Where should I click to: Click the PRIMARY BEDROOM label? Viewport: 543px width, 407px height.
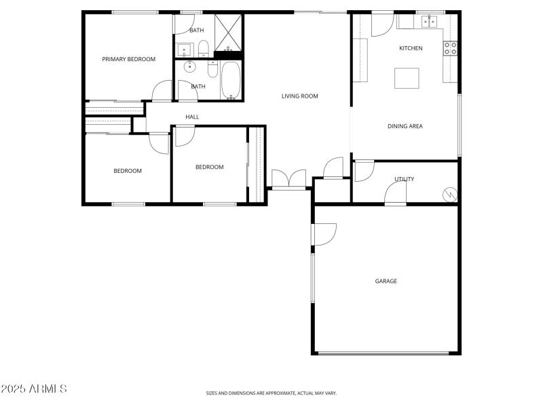tap(129, 59)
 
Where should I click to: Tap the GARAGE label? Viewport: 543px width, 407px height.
tap(386, 281)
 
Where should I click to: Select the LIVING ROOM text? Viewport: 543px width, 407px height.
tap(300, 96)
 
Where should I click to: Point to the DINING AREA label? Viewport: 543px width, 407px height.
tap(405, 126)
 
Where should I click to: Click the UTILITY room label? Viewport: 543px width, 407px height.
tap(405, 179)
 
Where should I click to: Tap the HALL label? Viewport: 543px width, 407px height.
tap(193, 117)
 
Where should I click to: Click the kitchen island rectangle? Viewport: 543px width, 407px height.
tap(407, 77)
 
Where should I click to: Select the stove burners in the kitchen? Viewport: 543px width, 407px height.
tap(451, 48)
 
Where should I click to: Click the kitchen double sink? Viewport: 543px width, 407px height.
tap(429, 22)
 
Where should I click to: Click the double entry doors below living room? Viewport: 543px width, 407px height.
tap(289, 180)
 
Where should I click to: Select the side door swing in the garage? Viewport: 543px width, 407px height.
tap(324, 234)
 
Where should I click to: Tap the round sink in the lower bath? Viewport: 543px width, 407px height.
tap(189, 68)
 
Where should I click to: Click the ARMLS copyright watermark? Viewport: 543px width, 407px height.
tap(34, 389)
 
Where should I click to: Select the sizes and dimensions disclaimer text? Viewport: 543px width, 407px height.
tap(271, 393)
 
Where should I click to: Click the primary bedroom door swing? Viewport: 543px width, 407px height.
tap(162, 91)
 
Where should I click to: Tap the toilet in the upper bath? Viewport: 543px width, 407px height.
tap(203, 48)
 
